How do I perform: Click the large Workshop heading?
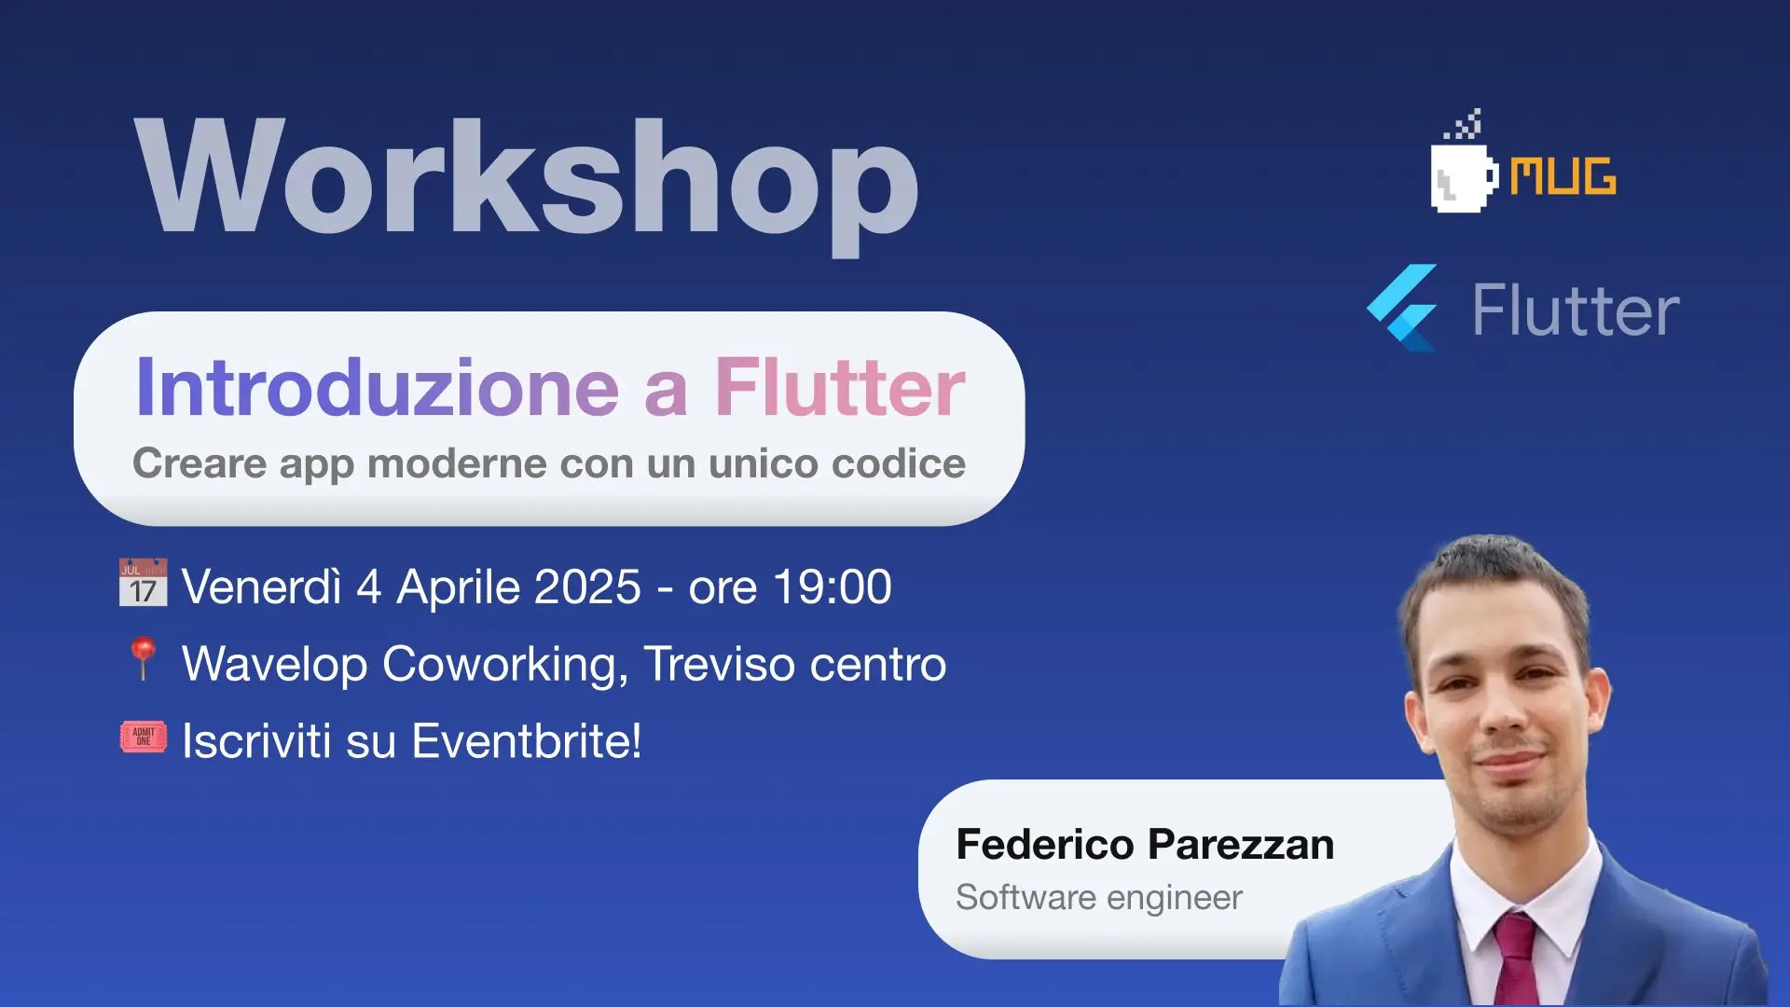[x=527, y=183]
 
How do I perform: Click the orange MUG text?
[x=1563, y=175]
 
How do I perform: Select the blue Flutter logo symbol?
[x=1402, y=309]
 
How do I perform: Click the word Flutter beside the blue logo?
[x=1576, y=310]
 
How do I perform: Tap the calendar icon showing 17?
[x=144, y=583]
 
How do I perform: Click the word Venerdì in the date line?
[x=262, y=587]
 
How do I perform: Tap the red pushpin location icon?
[x=143, y=658]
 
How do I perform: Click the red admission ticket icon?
[x=144, y=737]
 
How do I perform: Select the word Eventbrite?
[x=527, y=741]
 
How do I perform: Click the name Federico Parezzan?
[x=1145, y=845]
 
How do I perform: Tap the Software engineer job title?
[x=1099, y=898]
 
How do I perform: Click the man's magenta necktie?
[x=1516, y=960]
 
